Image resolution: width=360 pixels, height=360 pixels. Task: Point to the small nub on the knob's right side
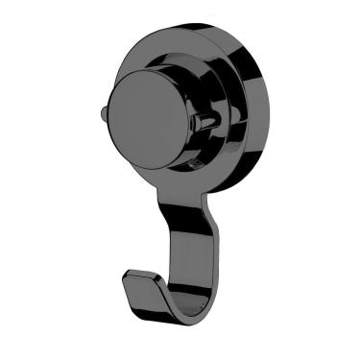coord(203,122)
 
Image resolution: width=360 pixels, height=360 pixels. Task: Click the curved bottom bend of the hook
coord(182,309)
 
